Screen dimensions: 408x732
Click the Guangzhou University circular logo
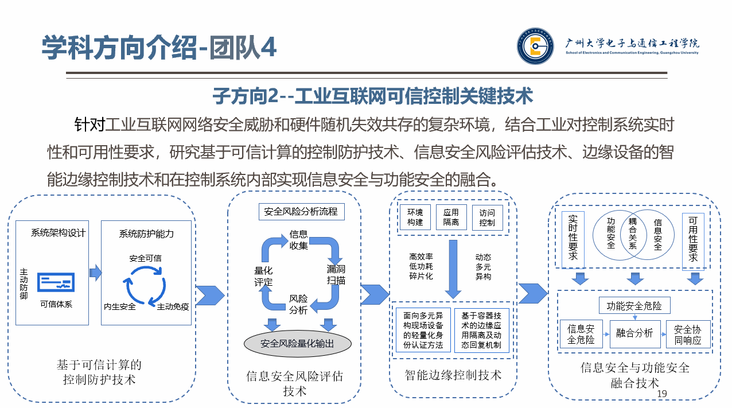point(536,46)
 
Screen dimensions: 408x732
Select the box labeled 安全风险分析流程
point(301,211)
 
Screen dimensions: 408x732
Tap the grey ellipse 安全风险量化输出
point(297,343)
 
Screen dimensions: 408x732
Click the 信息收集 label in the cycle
point(298,240)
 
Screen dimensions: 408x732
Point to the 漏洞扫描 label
point(336,274)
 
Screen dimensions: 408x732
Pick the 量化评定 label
point(263,276)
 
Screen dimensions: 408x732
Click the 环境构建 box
point(415,217)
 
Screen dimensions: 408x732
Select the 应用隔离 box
point(451,217)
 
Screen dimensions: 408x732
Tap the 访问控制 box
point(487,217)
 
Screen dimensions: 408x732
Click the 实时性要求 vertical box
point(573,240)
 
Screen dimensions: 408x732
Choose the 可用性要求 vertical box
point(693,240)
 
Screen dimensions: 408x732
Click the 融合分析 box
point(634,333)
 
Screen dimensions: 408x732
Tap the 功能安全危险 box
point(634,306)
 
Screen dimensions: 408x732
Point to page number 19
point(662,394)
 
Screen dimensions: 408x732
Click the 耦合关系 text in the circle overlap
point(633,234)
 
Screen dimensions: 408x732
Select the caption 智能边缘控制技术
point(453,375)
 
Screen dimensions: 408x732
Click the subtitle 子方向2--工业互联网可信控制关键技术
point(373,96)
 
